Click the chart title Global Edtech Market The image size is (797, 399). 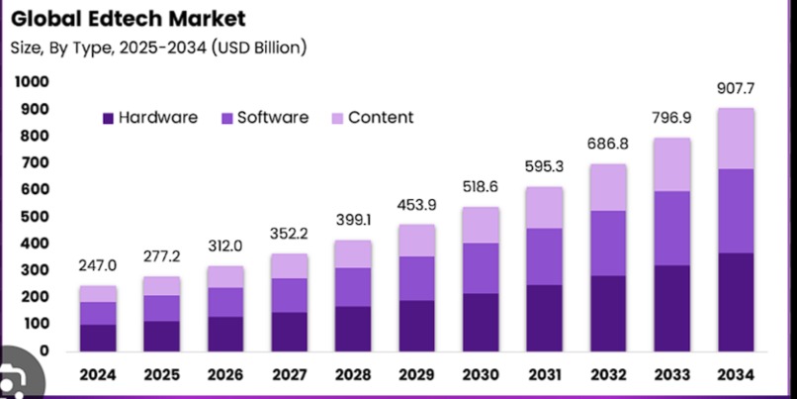click(x=129, y=18)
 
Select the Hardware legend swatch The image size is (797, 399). click(x=108, y=118)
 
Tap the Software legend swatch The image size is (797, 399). click(x=226, y=118)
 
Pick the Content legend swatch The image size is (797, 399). click(x=336, y=118)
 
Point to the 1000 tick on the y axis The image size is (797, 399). click(x=32, y=82)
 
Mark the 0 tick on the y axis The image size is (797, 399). click(x=44, y=350)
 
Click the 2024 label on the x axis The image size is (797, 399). click(x=97, y=375)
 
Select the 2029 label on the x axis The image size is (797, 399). click(x=416, y=375)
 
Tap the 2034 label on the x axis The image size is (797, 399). click(x=736, y=375)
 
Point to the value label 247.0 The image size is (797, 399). click(x=98, y=266)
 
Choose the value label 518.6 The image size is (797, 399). click(x=481, y=186)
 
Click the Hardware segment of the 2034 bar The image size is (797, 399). click(x=736, y=302)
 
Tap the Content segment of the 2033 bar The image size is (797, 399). click(x=671, y=164)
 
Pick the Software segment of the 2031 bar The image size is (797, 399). click(x=544, y=256)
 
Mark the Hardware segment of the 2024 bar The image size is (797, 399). click(x=98, y=338)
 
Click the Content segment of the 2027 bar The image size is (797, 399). click(x=289, y=265)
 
